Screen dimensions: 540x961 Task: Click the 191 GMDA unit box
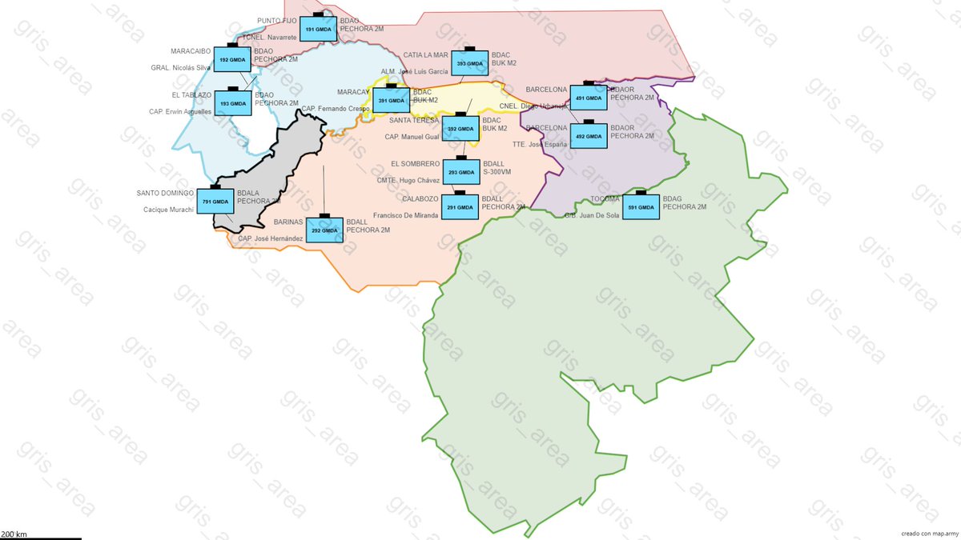click(318, 30)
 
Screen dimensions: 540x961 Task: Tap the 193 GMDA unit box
click(233, 103)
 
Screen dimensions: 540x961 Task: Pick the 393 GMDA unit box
click(469, 63)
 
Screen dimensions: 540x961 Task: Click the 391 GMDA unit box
click(391, 100)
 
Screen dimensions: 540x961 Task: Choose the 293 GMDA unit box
click(463, 172)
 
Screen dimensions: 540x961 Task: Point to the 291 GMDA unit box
click(462, 207)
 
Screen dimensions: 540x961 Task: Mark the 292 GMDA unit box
click(324, 230)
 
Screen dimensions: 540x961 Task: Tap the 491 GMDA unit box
click(588, 98)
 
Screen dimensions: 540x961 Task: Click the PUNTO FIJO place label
click(277, 21)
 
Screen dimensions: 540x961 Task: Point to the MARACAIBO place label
click(191, 51)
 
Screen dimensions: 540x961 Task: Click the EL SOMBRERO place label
click(415, 164)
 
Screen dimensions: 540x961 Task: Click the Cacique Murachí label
click(168, 210)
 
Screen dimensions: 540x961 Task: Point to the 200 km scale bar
click(40, 537)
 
